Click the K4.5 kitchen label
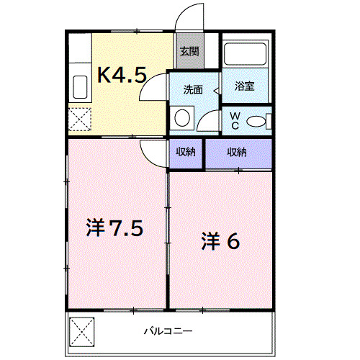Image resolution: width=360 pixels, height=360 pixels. click(122, 74)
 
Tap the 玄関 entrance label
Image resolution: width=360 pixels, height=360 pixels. click(189, 52)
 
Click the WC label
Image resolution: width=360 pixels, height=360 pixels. click(235, 121)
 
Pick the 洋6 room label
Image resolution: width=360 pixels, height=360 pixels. click(220, 241)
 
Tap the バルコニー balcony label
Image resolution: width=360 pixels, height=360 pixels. click(167, 332)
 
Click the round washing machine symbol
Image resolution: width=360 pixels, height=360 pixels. click(183, 117)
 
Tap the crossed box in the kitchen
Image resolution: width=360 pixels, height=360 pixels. click(79, 117)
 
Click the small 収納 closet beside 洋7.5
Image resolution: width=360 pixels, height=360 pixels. click(186, 152)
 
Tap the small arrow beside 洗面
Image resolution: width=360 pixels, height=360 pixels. click(215, 90)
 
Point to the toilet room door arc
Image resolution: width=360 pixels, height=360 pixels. click(209, 122)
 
